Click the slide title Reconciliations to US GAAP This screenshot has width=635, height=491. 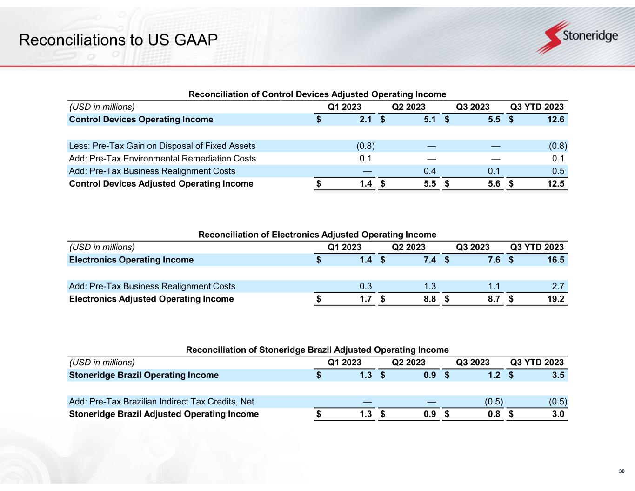[118, 40]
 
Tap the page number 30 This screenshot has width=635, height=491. [621, 472]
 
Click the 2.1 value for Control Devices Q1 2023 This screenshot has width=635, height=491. [366, 120]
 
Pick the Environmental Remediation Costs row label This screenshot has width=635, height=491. [162, 158]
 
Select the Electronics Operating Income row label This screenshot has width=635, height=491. [131, 260]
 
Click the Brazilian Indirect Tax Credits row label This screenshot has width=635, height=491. [161, 401]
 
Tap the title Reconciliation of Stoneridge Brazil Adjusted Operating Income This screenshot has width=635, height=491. [317, 350]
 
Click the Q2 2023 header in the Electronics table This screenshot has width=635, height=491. [408, 247]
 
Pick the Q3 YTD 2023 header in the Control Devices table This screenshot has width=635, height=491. [537, 107]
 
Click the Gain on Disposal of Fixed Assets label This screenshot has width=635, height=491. [162, 146]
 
